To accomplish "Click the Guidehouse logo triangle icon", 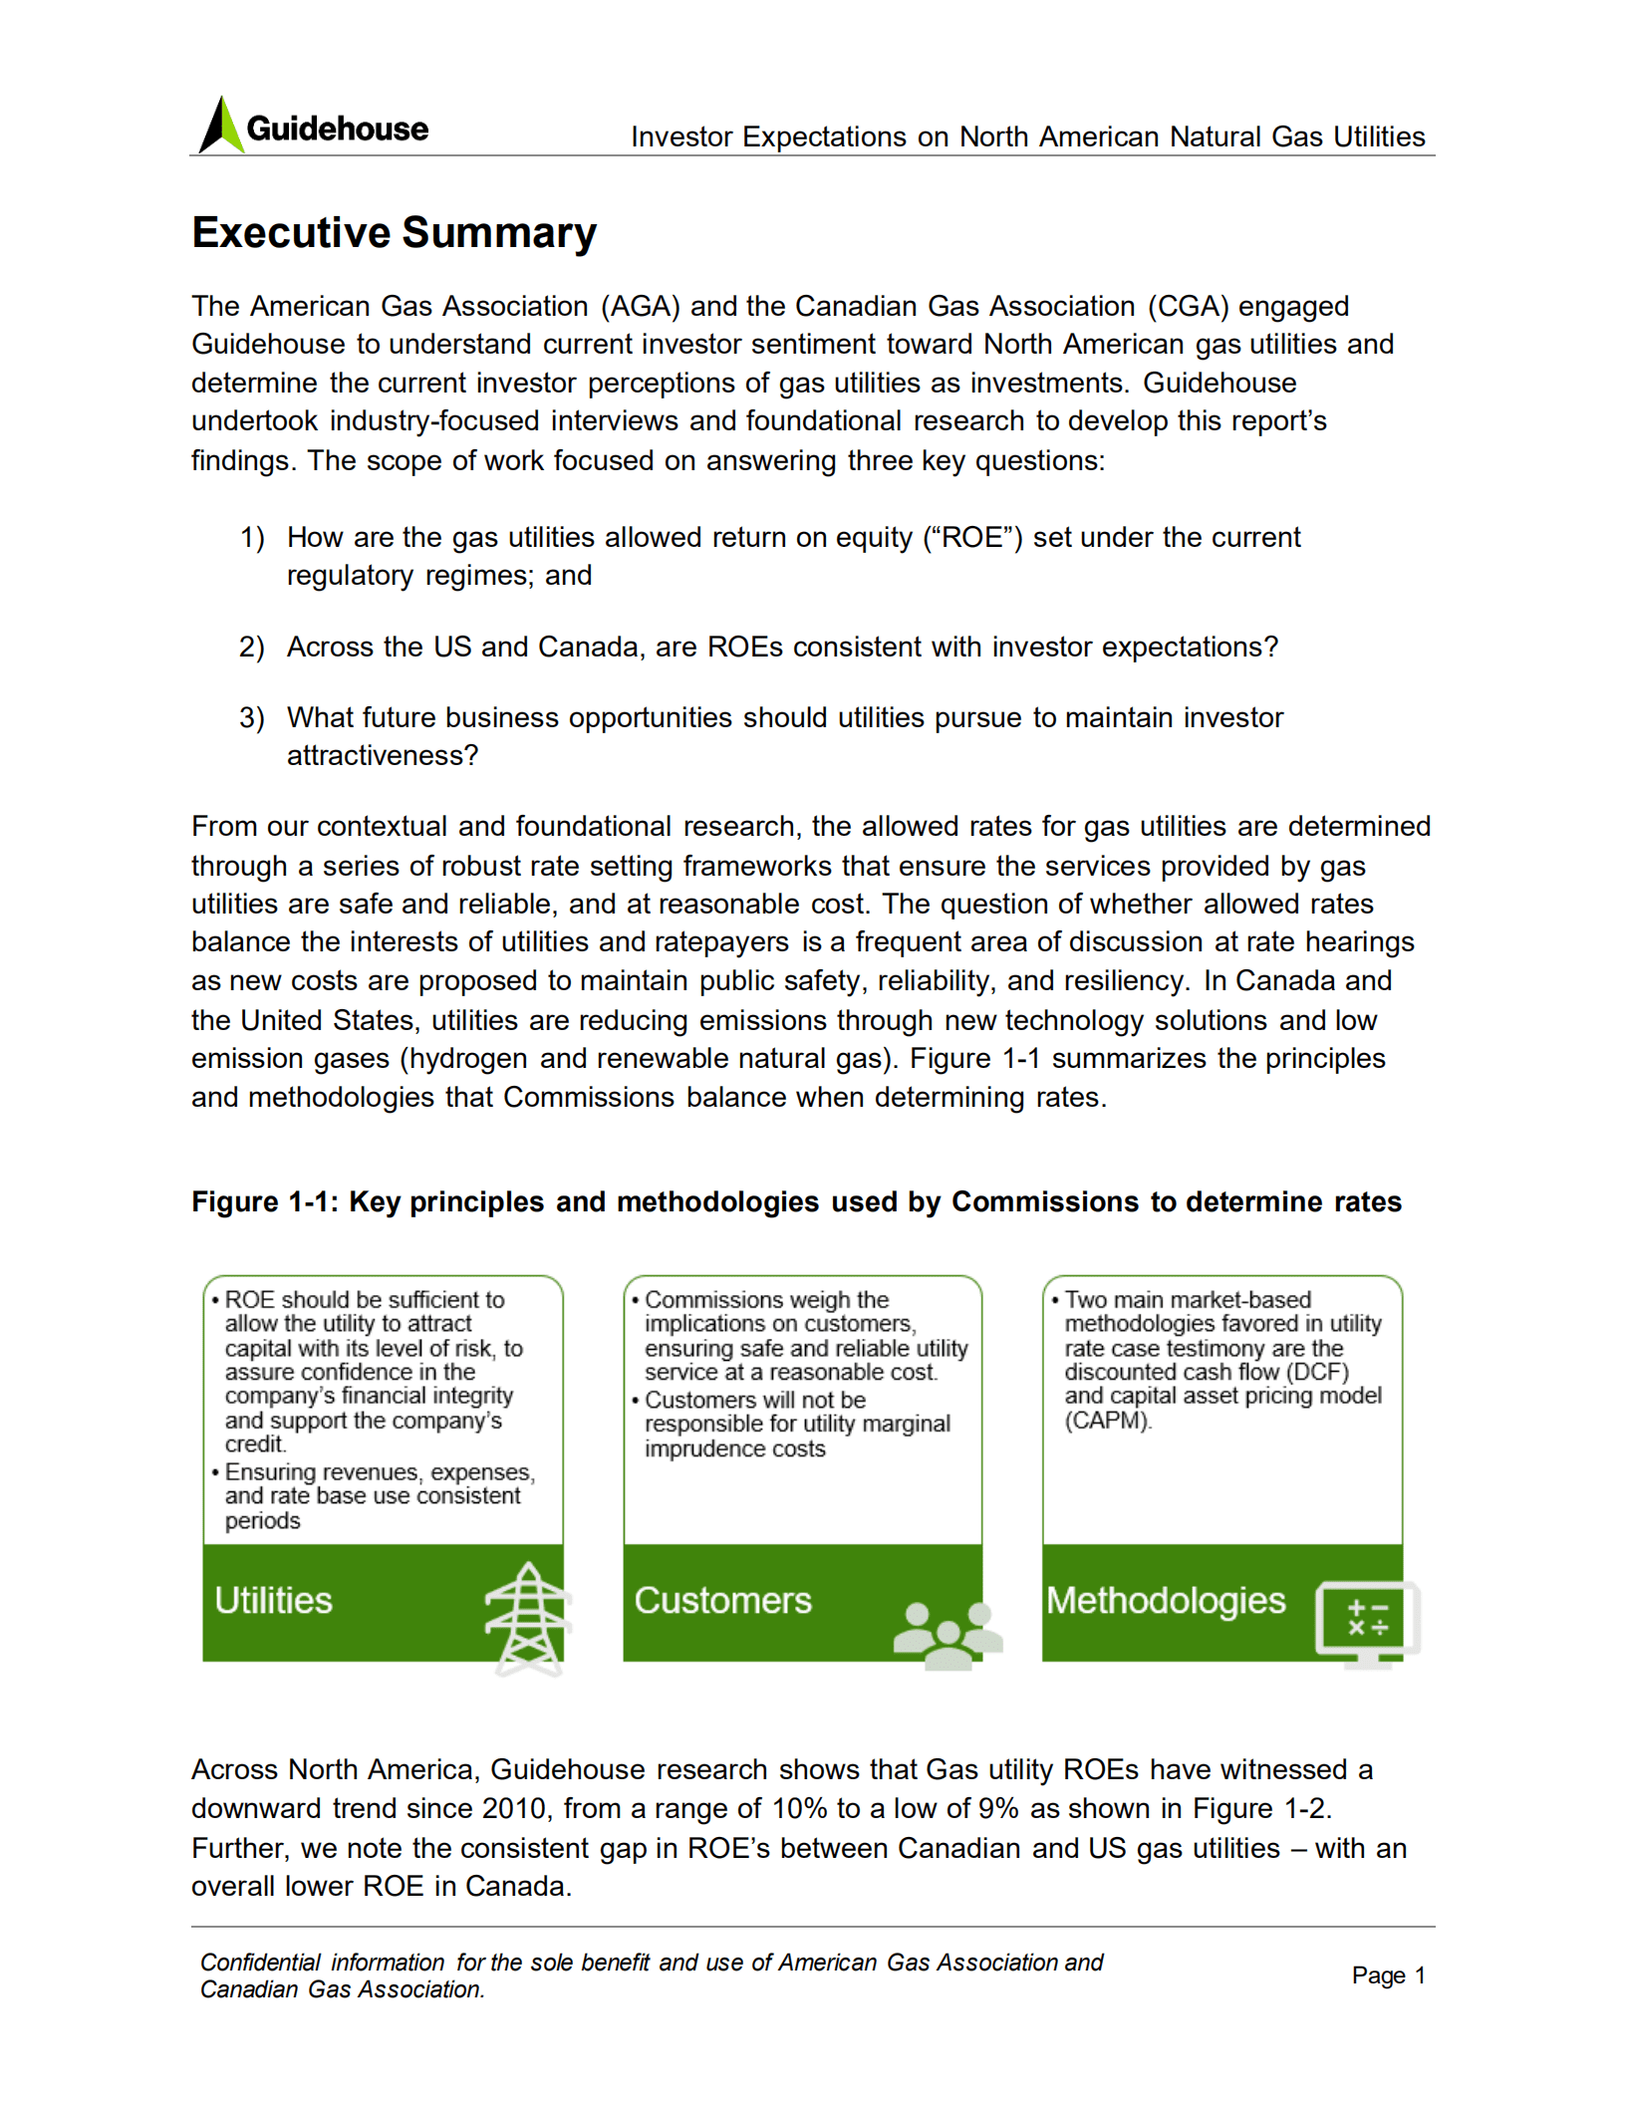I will [221, 127].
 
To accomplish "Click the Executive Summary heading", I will [394, 233].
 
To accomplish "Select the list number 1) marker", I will [252, 538].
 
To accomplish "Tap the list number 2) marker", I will [252, 648].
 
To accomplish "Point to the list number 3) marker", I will [252, 718].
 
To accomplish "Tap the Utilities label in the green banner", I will [274, 1601].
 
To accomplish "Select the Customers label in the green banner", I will [722, 1601].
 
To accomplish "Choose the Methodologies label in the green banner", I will [1165, 1601].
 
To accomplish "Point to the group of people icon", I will [948, 1635].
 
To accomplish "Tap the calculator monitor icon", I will [1367, 1622].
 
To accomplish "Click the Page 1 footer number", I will [1388, 1975].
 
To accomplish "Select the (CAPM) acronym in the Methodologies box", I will [1108, 1421].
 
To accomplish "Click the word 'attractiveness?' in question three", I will [383, 756].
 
